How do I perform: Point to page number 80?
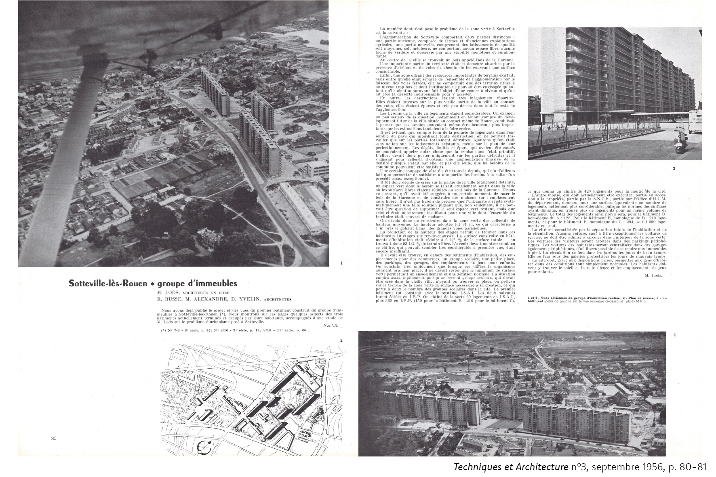pyautogui.click(x=54, y=439)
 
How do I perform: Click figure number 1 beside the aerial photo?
pyautogui.click(x=342, y=263)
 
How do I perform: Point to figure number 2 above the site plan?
pyautogui.click(x=341, y=340)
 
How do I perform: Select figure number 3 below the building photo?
pyautogui.click(x=674, y=168)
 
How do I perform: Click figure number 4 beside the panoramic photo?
pyautogui.click(x=674, y=334)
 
